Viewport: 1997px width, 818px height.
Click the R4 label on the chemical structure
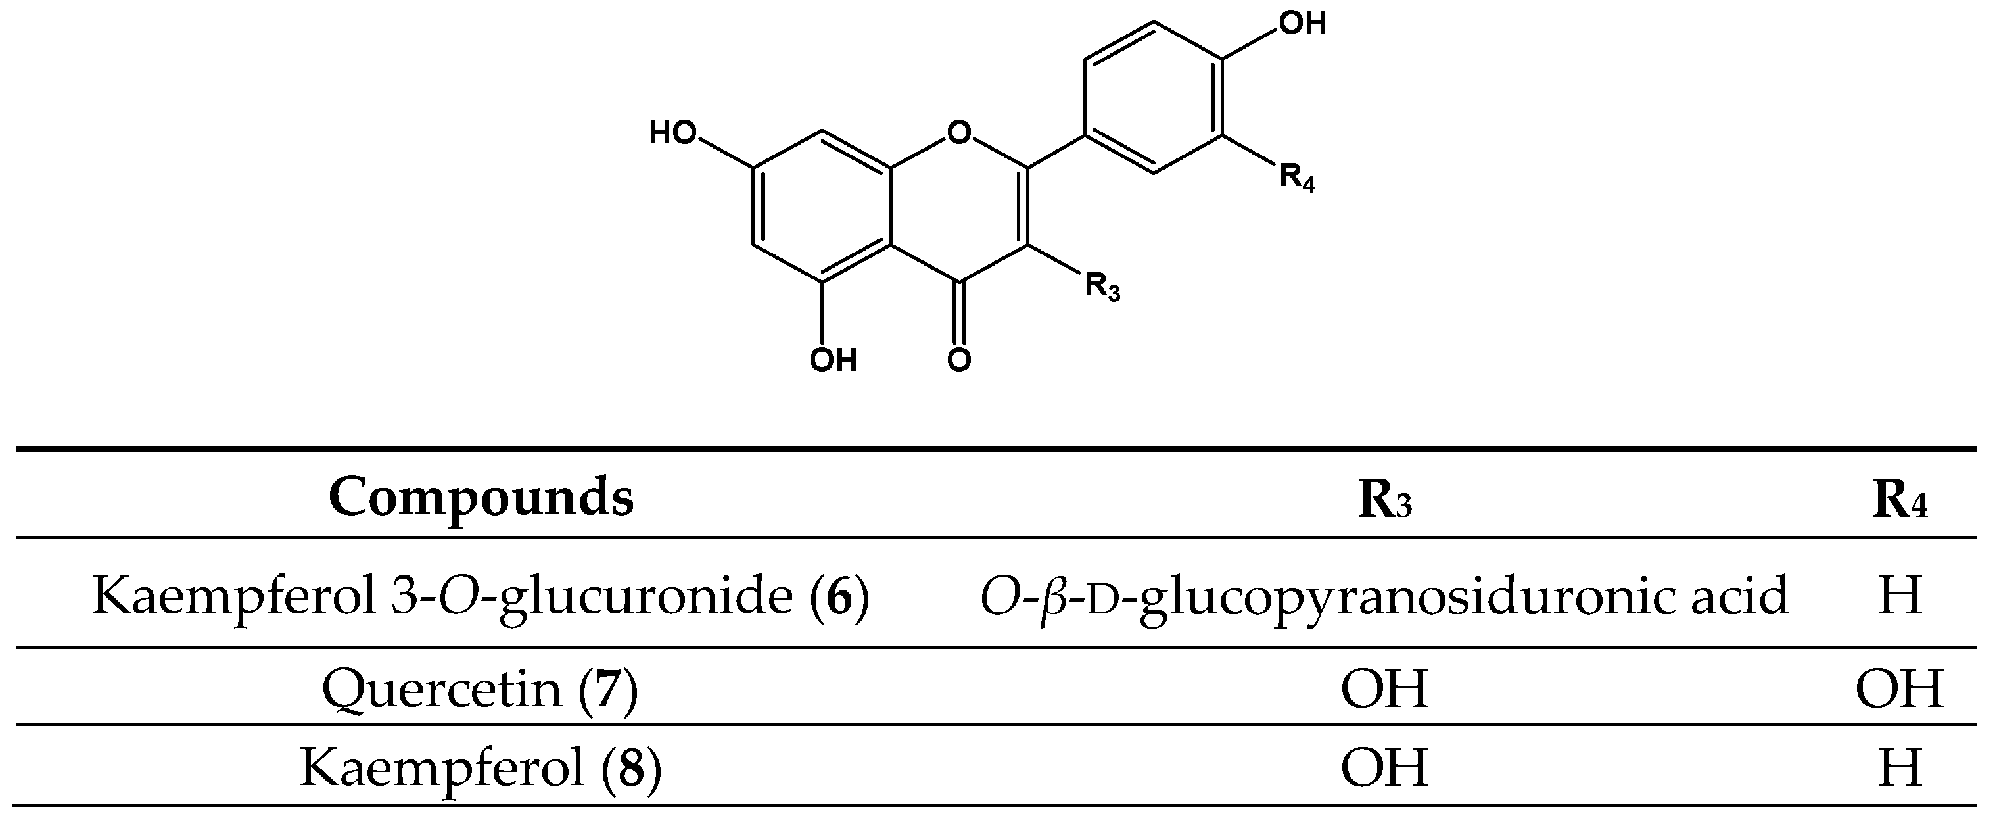1297,178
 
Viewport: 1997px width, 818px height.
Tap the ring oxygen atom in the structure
959,134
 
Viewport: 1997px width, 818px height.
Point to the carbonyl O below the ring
959,360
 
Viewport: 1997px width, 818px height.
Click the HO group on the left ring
673,134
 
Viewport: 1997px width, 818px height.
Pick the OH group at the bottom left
833,360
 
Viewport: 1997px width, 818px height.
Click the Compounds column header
481,498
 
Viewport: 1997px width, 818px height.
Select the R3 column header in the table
1384,501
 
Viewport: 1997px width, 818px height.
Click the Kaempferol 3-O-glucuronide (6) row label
481,596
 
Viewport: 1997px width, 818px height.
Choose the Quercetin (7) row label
481,688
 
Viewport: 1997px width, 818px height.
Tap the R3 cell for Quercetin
1384,688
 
